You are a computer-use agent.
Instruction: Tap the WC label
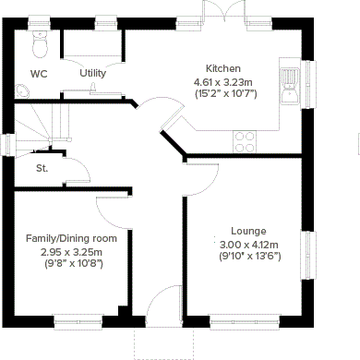pyautogui.click(x=39, y=73)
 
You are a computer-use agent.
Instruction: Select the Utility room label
pyautogui.click(x=92, y=73)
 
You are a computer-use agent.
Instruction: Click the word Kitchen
pyautogui.click(x=223, y=69)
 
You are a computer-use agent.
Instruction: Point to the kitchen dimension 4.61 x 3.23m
pyautogui.click(x=224, y=81)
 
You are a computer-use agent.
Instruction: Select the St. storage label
pyautogui.click(x=42, y=168)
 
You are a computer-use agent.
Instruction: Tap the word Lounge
pyautogui.click(x=249, y=231)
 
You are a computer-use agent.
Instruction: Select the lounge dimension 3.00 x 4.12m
pyautogui.click(x=249, y=244)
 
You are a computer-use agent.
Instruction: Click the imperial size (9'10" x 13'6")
pyautogui.click(x=249, y=256)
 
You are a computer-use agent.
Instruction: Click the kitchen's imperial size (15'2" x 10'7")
pyautogui.click(x=224, y=93)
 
